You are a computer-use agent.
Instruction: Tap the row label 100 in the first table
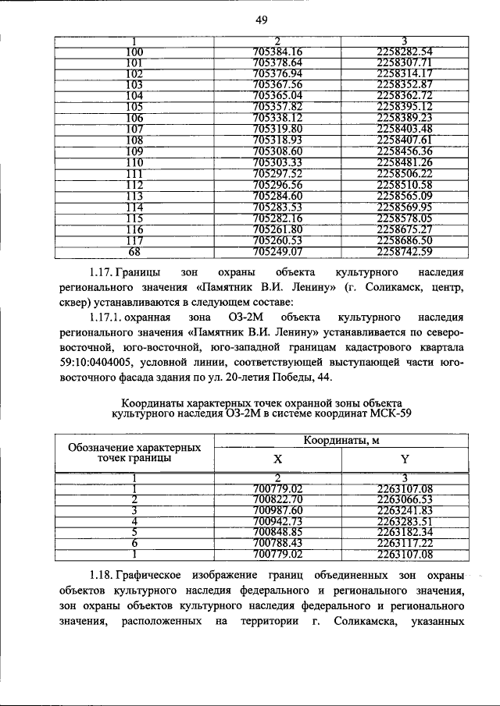click(134, 52)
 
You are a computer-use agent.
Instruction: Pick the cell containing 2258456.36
click(404, 150)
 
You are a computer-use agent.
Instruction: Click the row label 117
click(134, 264)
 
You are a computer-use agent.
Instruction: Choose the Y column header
click(404, 459)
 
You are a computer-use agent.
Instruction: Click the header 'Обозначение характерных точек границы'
click(134, 453)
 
